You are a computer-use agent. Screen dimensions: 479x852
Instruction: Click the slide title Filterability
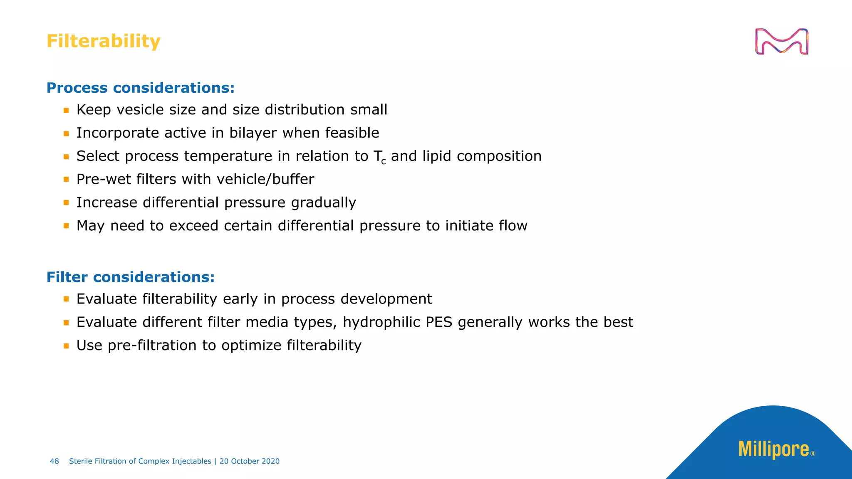tap(103, 41)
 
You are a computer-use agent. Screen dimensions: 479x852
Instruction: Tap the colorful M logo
tap(781, 42)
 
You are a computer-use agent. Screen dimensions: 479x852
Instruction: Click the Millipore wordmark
tap(773, 449)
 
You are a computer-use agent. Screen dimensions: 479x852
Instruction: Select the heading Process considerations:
tap(141, 88)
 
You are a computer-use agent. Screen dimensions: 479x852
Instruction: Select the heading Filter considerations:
tap(131, 277)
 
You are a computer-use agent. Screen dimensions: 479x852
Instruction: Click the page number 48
tap(54, 461)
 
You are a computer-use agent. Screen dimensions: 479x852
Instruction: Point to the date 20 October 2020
tap(250, 461)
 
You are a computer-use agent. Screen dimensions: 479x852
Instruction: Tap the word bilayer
tap(253, 133)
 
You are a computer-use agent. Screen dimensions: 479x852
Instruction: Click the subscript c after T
tap(384, 162)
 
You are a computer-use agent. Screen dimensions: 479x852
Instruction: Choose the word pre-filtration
tap(152, 346)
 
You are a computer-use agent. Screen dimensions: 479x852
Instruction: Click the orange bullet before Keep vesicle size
tap(66, 111)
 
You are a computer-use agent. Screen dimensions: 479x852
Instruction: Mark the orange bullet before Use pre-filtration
tap(66, 346)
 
